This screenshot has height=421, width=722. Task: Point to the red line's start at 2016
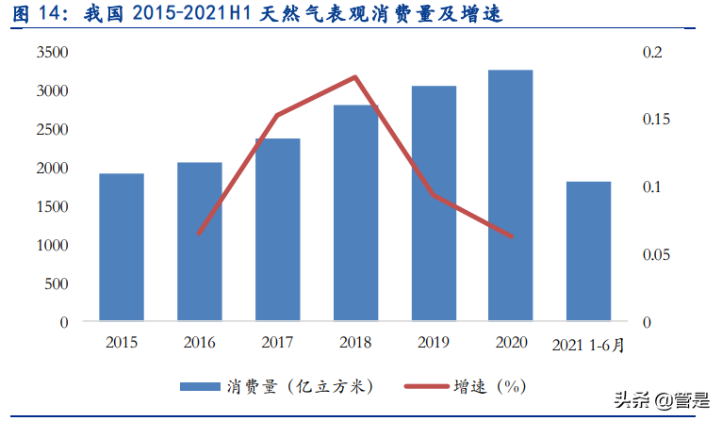pos(200,234)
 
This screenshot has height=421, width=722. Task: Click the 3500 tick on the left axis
pos(52,53)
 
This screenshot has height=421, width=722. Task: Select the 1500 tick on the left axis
pos(52,206)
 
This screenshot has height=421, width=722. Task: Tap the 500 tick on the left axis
pos(56,283)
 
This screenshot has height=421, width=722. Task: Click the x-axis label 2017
pos(277,343)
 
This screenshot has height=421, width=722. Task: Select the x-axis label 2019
pos(433,343)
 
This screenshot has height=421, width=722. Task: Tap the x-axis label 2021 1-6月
pos(588,345)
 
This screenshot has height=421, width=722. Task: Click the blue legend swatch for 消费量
pos(199,386)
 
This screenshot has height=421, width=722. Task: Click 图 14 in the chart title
pos(36,14)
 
